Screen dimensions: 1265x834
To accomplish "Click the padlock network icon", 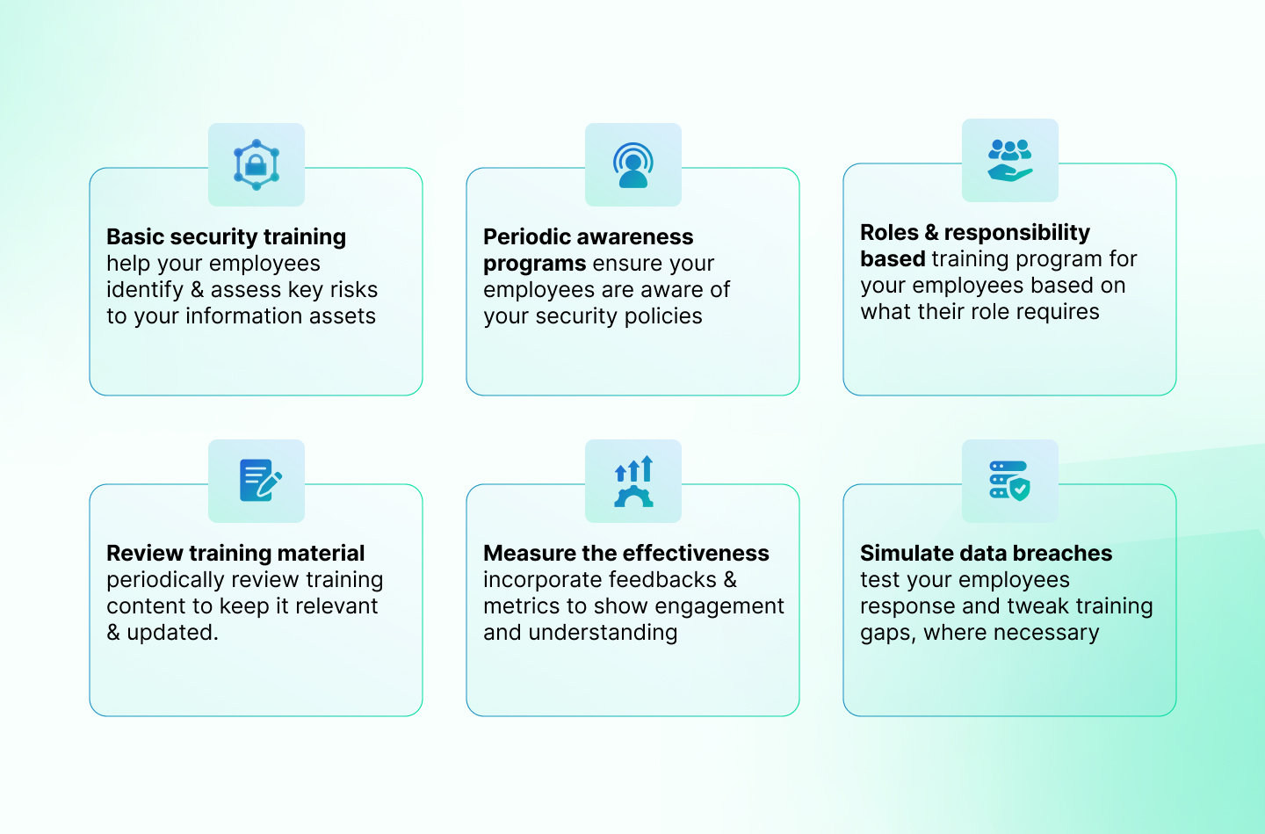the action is click(257, 164).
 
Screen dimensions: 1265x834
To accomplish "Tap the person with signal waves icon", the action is click(633, 165).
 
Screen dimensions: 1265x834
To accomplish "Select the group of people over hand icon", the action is click(1009, 161).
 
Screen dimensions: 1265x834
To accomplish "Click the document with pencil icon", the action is click(260, 481).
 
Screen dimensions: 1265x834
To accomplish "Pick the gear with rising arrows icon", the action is click(633, 481).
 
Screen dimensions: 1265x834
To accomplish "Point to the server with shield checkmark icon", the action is click(1009, 481).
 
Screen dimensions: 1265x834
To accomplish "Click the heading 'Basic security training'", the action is click(226, 236).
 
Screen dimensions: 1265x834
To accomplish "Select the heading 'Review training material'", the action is click(235, 553).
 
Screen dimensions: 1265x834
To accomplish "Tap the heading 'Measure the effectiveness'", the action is click(625, 553).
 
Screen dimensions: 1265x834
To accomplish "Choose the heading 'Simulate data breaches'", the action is click(986, 553).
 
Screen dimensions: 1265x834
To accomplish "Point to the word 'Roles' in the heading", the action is click(889, 232).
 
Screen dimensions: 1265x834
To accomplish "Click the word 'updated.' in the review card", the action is click(172, 632).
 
